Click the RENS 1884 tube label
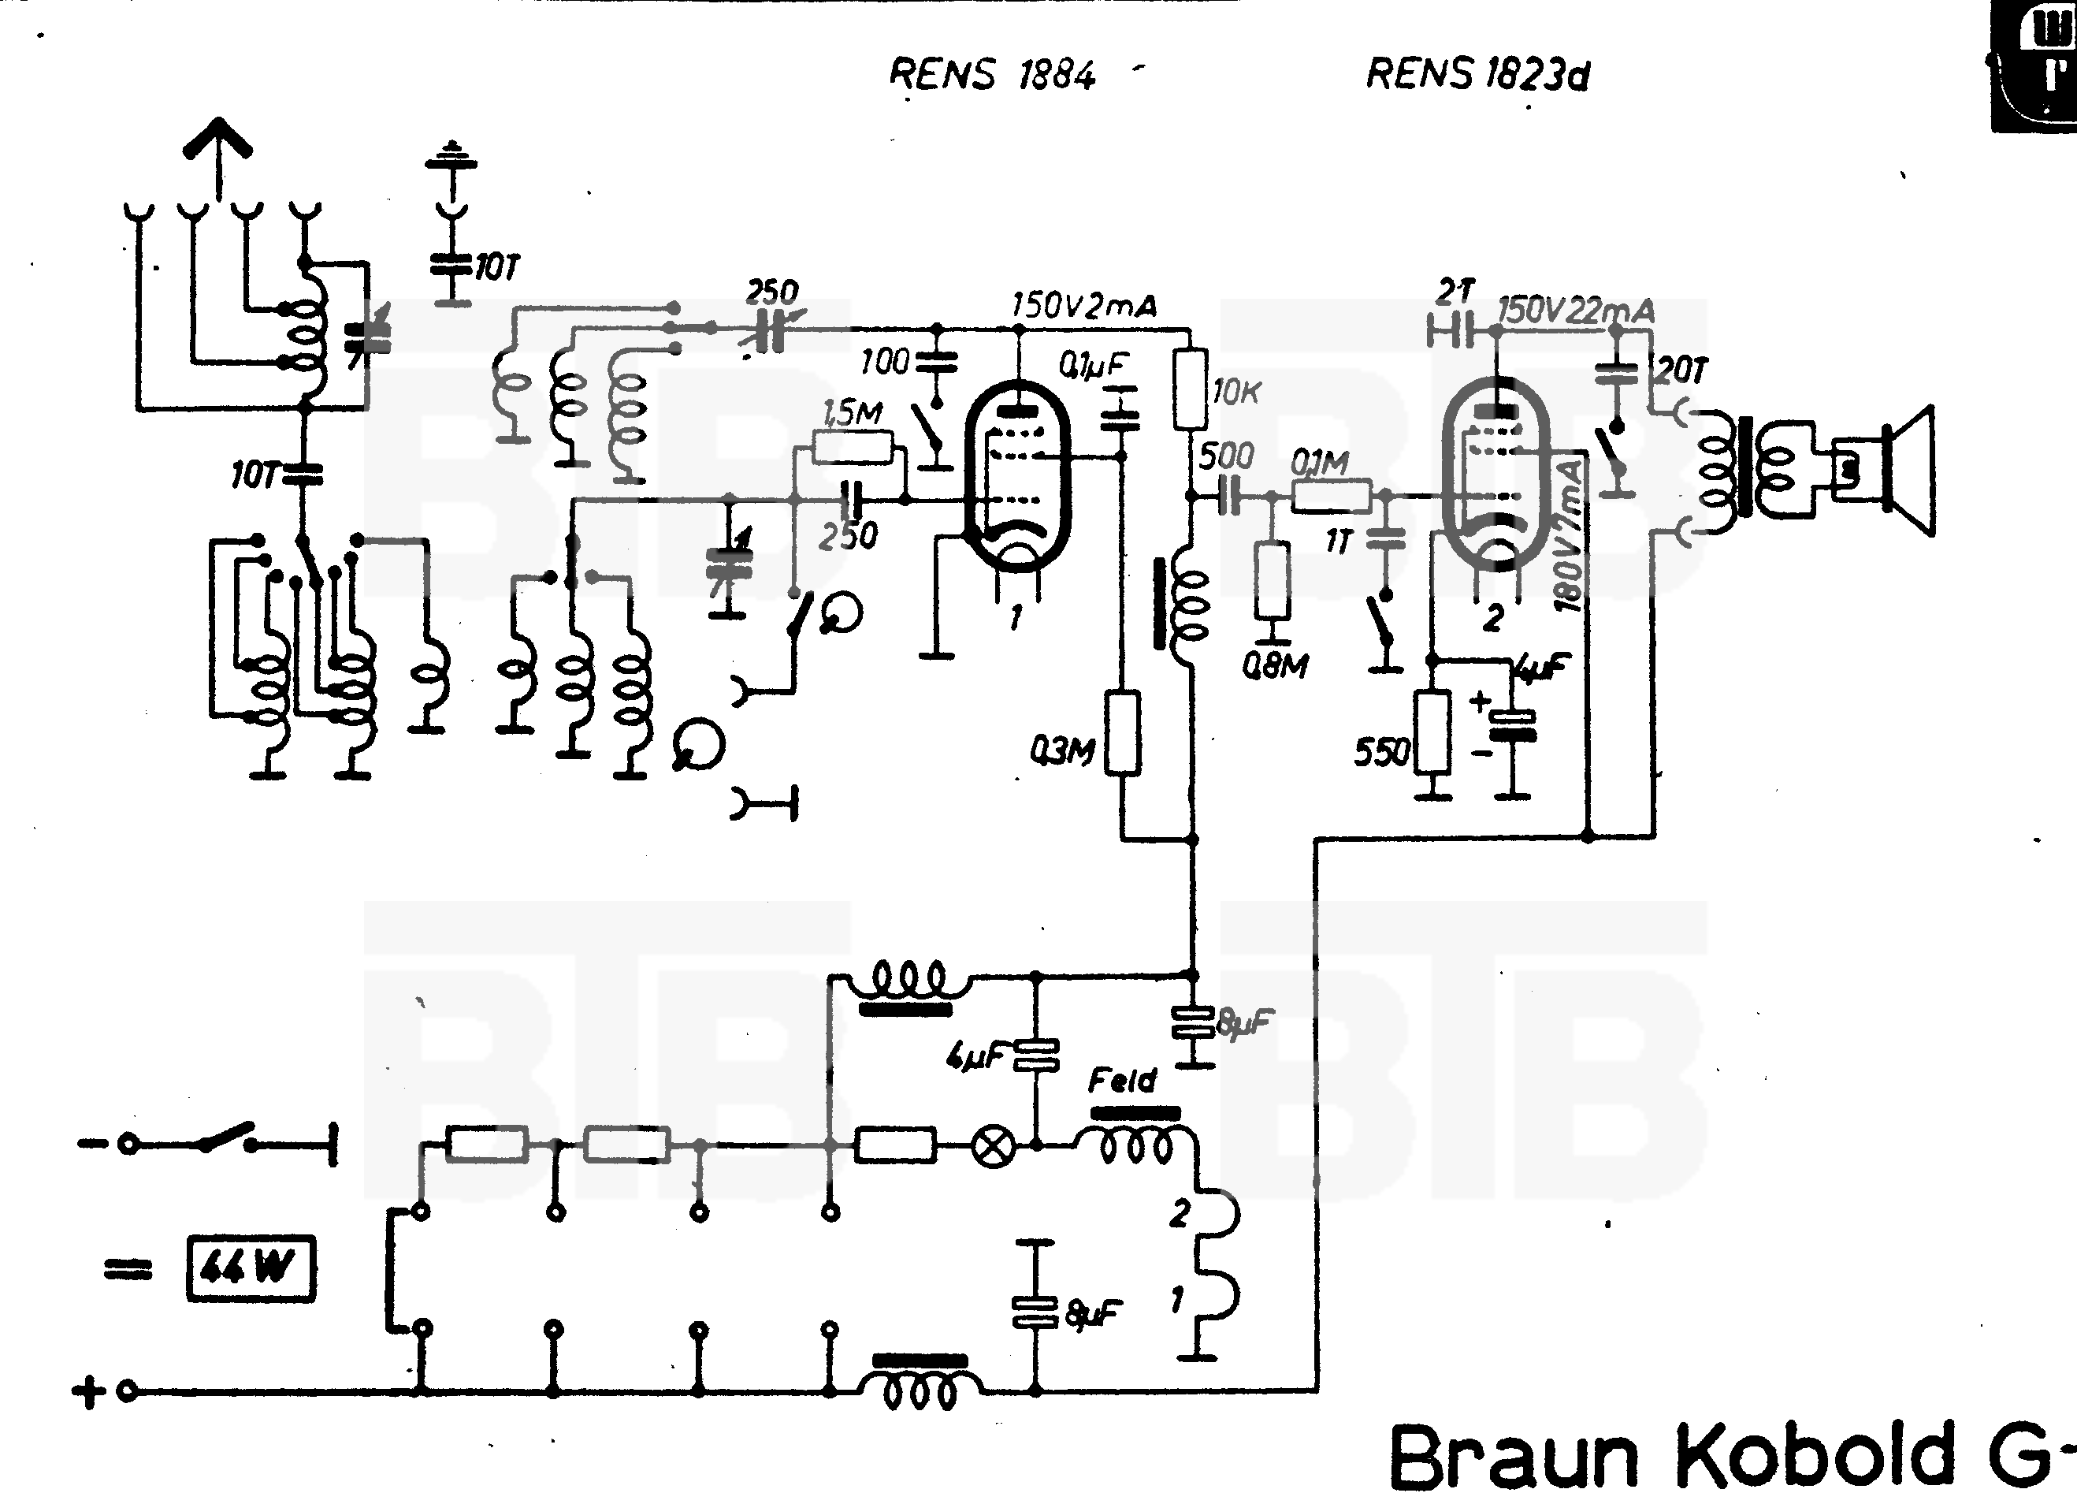click(992, 74)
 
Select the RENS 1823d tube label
click(1477, 74)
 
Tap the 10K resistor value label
click(1236, 392)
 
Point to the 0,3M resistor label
click(1061, 751)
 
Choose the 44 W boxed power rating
click(250, 1268)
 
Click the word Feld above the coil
click(1122, 1081)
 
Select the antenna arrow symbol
click(218, 147)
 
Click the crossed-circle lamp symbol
click(994, 1145)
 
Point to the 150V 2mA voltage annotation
click(1083, 305)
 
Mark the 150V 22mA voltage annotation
click(1575, 311)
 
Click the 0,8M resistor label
click(1275, 666)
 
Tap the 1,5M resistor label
click(852, 413)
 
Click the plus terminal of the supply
click(89, 1392)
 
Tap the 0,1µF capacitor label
click(1094, 366)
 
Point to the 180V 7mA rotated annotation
click(1570, 536)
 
